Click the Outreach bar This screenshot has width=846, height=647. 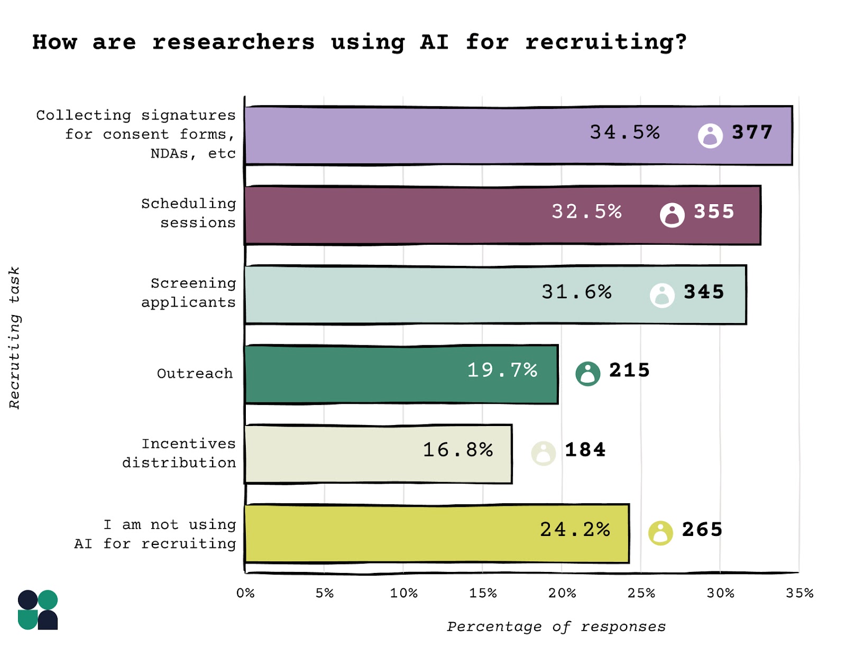[x=370, y=374]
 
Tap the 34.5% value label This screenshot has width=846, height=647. [x=624, y=132]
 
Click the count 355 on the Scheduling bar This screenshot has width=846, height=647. [x=714, y=212]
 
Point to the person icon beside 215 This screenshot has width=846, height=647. [x=587, y=374]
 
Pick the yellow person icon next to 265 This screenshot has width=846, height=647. [x=660, y=533]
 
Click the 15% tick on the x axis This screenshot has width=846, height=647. [x=482, y=593]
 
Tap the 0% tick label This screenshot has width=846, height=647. [x=245, y=593]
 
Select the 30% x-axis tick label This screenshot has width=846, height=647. [x=720, y=593]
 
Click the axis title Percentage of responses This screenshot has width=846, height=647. [x=556, y=627]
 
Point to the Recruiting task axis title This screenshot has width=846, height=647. [x=14, y=338]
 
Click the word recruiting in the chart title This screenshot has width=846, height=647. [x=605, y=42]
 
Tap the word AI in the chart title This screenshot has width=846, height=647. [x=434, y=42]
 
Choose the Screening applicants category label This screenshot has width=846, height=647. [x=188, y=293]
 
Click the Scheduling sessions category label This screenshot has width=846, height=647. [x=188, y=213]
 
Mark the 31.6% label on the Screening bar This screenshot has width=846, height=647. [x=576, y=292]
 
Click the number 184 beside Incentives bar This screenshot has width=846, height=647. [x=585, y=450]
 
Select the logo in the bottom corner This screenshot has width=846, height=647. [x=38, y=609]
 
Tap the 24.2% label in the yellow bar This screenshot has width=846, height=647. [x=575, y=530]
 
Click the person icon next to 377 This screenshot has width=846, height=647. [x=710, y=136]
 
